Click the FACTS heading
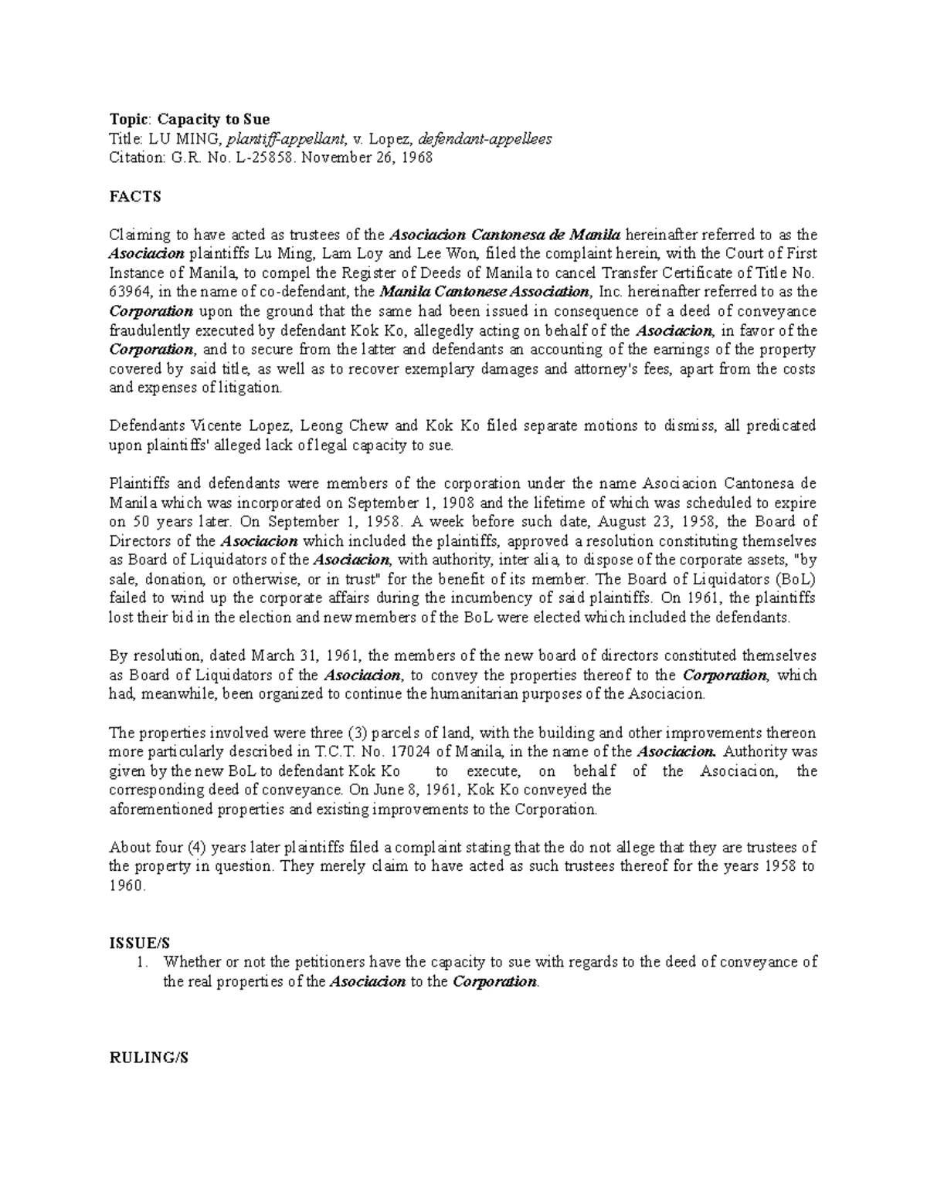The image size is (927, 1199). pos(135,196)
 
